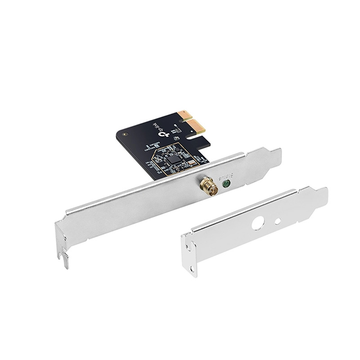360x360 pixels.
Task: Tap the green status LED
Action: click(x=227, y=183)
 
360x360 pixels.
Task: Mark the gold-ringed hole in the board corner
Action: click(x=125, y=134)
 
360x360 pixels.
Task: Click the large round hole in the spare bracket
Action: click(x=258, y=223)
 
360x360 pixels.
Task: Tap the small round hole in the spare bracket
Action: click(x=278, y=221)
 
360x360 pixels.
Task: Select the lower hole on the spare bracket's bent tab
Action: click(x=192, y=269)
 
